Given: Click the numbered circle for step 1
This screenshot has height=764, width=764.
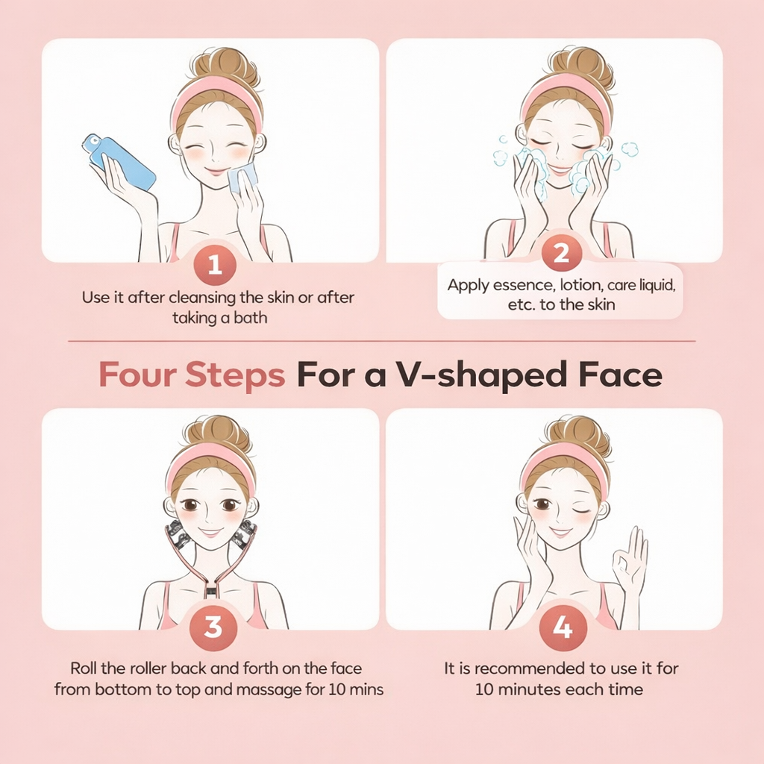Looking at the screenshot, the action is pos(215,265).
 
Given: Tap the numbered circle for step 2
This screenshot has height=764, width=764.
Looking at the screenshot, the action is pos(562,253).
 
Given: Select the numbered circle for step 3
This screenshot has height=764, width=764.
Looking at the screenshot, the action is pos(213,627).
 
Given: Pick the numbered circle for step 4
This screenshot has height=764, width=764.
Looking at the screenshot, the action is pos(563,627).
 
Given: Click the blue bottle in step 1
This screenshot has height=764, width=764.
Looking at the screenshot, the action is pos(119,161).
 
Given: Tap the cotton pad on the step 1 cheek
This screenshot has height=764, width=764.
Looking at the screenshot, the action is pos(242,178).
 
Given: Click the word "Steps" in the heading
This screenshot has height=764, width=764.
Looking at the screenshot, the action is pos(235,375).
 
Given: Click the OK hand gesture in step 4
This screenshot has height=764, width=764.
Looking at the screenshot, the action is pos(630,560).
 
